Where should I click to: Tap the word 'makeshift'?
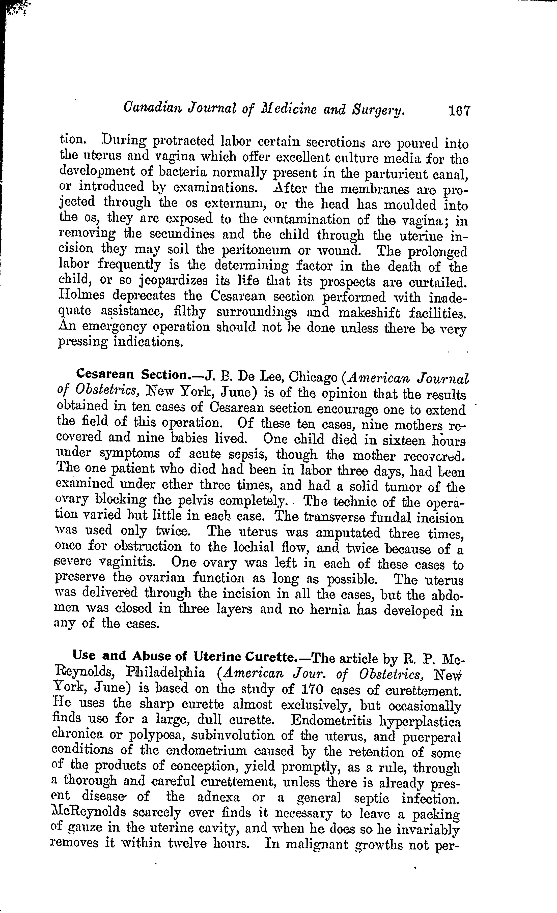369,312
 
